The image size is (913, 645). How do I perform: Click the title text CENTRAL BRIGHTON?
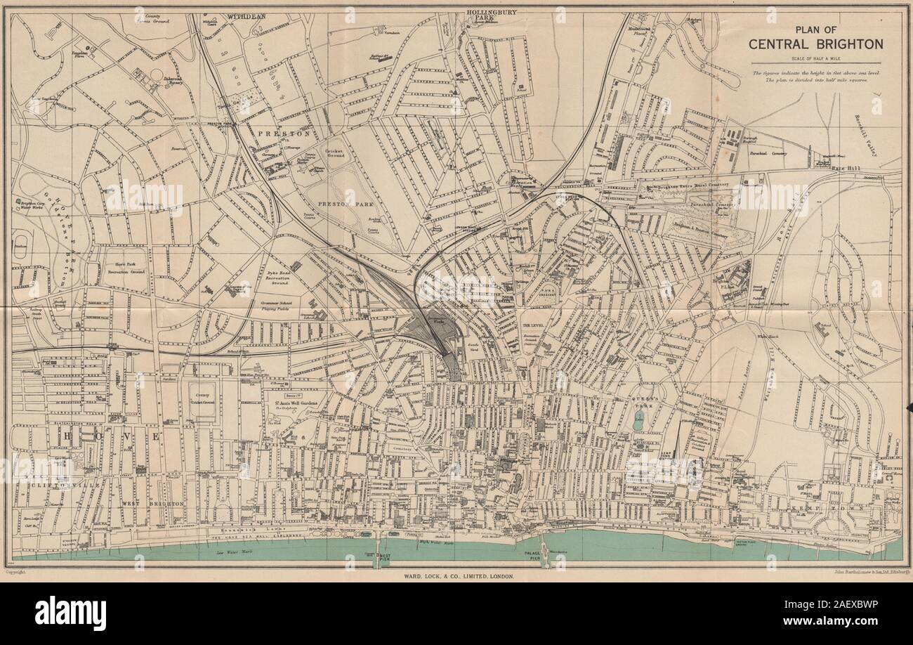point(815,44)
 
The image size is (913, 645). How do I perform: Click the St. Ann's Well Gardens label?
point(296,403)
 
